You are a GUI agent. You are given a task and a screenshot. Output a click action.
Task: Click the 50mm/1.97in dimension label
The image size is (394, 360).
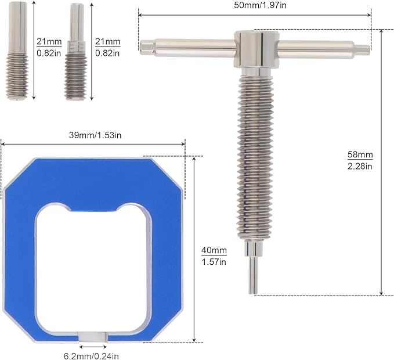(x=256, y=6)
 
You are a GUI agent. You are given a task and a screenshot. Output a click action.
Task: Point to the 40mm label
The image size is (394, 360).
(x=214, y=250)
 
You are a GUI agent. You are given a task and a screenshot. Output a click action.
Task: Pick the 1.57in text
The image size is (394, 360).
(x=214, y=262)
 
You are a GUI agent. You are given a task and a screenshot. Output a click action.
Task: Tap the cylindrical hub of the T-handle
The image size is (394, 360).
(x=256, y=49)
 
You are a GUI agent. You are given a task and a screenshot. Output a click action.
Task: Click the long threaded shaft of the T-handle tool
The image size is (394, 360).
(x=255, y=157)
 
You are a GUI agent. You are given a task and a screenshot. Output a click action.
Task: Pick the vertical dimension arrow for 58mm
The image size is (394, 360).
(x=381, y=163)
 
